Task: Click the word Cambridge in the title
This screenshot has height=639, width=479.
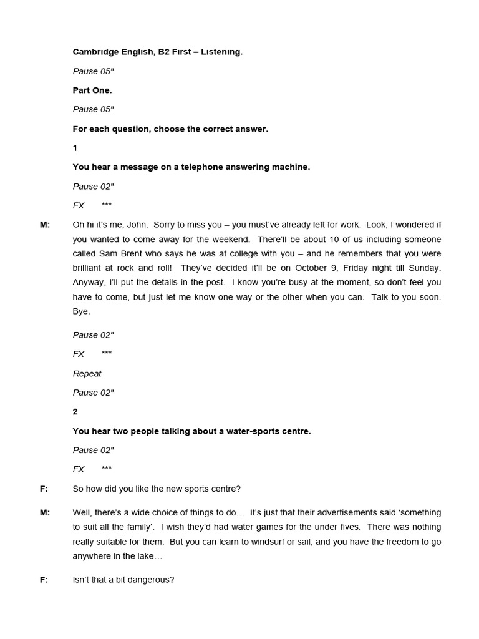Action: (x=94, y=52)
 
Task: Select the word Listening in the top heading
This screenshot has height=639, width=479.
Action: (x=221, y=52)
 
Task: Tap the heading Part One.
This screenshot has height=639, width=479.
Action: (x=92, y=90)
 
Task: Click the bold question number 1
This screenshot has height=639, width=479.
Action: (x=75, y=148)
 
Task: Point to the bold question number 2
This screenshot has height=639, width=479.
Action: (x=75, y=412)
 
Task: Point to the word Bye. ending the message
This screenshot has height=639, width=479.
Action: (x=82, y=311)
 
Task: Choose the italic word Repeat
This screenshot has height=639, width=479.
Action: (x=87, y=373)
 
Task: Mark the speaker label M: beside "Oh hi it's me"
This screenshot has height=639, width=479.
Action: (x=45, y=225)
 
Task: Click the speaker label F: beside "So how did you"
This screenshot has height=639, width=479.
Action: (x=44, y=489)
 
